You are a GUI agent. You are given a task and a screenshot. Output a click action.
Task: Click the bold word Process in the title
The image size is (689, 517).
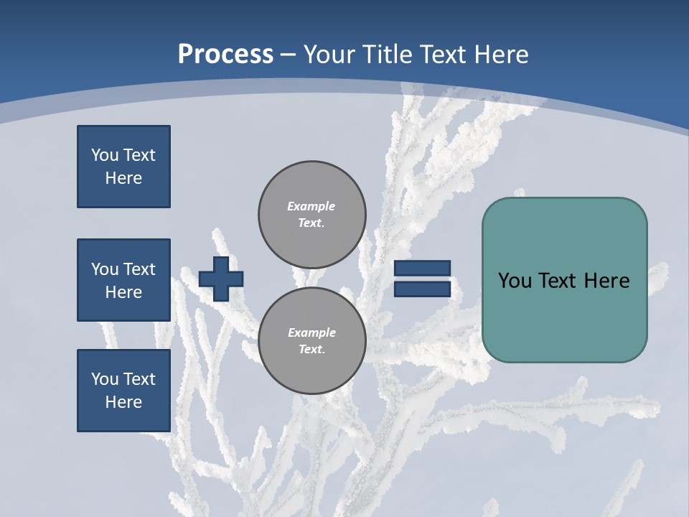click(225, 55)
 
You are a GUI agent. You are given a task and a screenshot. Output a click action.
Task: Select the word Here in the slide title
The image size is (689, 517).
click(500, 55)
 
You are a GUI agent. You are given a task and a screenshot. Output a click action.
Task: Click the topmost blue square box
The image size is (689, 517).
click(123, 167)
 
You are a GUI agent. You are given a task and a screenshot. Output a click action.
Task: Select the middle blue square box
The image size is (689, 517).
click(123, 280)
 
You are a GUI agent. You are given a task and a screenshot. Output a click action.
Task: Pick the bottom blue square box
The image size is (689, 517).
click(123, 391)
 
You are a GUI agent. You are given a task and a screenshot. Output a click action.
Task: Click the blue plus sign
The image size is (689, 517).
click(221, 279)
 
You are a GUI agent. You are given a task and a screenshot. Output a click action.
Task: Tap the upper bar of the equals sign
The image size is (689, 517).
click(422, 268)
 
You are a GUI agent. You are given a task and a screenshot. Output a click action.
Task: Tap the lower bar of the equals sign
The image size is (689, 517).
click(422, 289)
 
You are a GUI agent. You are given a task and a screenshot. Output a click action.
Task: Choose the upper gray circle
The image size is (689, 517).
click(312, 215)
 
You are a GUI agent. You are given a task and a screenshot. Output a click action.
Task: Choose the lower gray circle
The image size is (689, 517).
click(312, 341)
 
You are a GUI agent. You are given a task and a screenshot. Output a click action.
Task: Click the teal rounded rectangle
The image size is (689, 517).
click(564, 280)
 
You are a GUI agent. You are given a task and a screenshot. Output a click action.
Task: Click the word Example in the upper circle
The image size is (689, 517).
click(311, 206)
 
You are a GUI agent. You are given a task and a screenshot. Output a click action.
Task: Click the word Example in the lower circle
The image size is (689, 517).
click(311, 332)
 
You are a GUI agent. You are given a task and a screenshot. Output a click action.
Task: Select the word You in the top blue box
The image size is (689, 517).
click(104, 155)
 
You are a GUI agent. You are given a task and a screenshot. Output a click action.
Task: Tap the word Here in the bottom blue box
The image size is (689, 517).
click(123, 402)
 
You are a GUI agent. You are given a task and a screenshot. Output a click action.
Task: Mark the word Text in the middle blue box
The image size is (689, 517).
click(139, 269)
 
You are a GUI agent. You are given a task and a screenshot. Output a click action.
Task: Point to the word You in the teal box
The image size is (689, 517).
click(515, 281)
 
